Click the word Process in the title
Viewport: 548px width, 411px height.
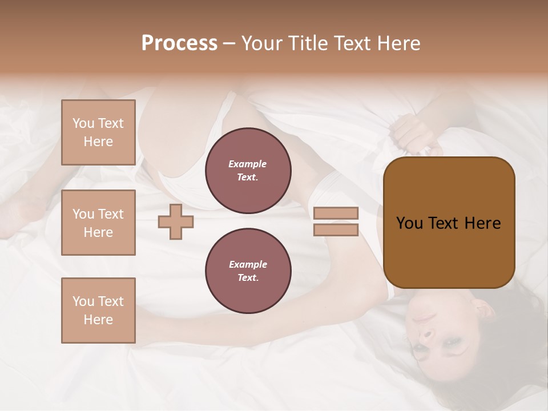(x=179, y=43)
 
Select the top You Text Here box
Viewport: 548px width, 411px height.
(x=98, y=132)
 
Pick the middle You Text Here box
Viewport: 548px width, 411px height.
(x=98, y=223)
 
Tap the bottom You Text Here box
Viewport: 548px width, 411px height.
(x=98, y=311)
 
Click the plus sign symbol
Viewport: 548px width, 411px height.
(x=175, y=222)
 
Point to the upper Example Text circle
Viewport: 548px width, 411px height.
(x=248, y=171)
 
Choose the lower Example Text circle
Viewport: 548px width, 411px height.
(x=248, y=271)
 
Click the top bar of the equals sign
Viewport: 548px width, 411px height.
(x=336, y=213)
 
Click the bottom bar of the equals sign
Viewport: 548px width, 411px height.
(x=336, y=230)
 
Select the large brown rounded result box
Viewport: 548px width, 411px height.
(x=449, y=223)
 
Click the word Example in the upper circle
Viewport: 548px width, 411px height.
(x=248, y=164)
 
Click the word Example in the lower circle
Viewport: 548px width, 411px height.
(x=248, y=264)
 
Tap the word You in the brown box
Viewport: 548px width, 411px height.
(x=409, y=223)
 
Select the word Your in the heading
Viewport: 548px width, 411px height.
(x=262, y=43)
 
